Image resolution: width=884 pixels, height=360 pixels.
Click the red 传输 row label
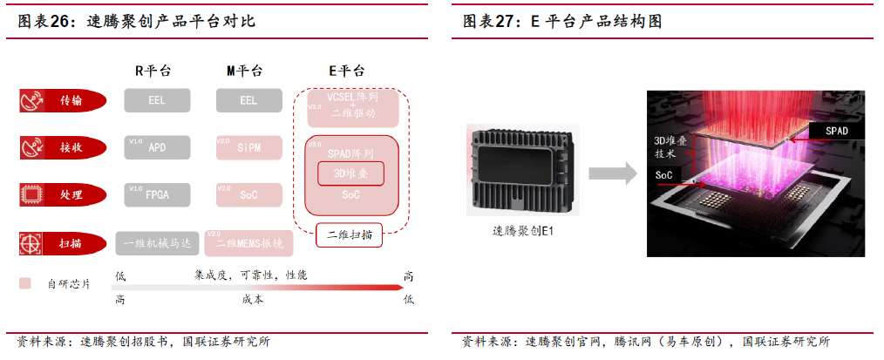point(63,100)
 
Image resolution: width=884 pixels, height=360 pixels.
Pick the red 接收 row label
point(63,147)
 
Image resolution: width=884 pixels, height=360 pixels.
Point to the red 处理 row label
point(63,194)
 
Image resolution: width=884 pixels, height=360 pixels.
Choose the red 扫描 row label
point(63,242)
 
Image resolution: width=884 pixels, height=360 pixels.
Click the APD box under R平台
point(157,147)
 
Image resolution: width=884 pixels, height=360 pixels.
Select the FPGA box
point(157,194)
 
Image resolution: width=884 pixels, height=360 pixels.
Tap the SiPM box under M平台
point(248,147)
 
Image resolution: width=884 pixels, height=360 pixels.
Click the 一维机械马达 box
point(158,243)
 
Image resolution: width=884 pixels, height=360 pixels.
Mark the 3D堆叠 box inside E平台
point(350,174)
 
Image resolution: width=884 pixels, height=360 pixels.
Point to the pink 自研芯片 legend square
point(25,283)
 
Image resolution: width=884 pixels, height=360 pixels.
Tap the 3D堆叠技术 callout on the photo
point(667,146)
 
